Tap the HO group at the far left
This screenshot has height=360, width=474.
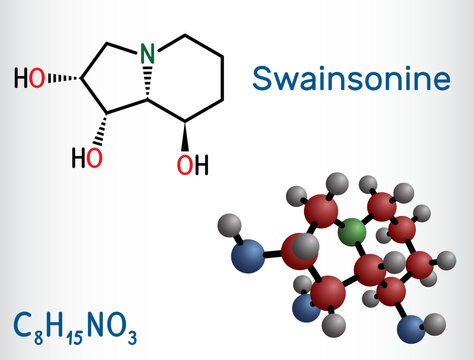tap(29, 77)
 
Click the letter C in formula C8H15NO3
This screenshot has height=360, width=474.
tap(20, 324)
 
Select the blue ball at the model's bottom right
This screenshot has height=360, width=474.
tap(407, 328)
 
